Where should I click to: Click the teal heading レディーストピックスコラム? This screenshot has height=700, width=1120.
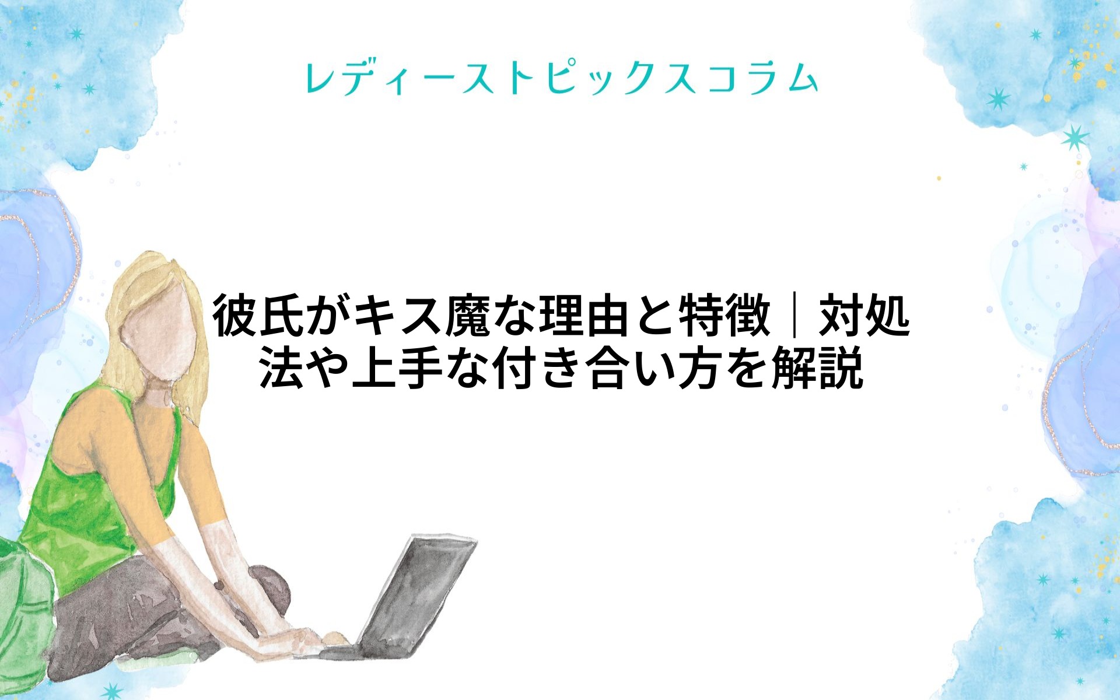[x=561, y=78]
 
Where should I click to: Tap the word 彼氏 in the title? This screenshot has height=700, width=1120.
[x=257, y=317]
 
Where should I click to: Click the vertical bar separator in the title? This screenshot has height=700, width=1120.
[x=794, y=317]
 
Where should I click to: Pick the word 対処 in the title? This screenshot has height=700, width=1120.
[x=864, y=317]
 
